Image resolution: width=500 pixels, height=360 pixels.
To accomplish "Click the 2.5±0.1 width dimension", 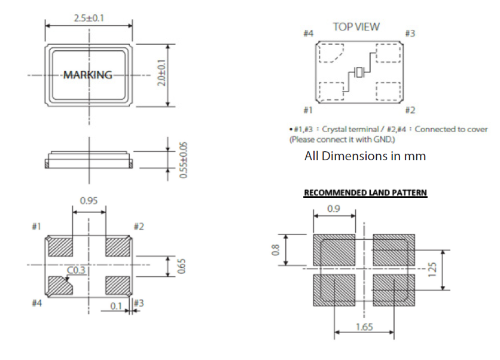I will (x=89, y=18).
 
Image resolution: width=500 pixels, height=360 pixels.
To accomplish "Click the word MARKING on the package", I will (x=88, y=75).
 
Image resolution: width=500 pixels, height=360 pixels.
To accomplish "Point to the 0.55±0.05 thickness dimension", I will (x=184, y=159).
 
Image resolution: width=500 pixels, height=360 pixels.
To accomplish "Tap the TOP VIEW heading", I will (x=356, y=27).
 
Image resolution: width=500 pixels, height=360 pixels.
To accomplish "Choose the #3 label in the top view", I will (x=410, y=33).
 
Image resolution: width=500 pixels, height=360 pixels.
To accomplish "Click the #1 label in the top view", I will (x=307, y=110).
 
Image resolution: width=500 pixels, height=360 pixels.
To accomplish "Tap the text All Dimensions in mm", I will (x=365, y=156).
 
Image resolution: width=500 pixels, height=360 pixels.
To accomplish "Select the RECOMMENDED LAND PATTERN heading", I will (x=365, y=193).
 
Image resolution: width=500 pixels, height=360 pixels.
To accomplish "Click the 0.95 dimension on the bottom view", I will (x=89, y=202).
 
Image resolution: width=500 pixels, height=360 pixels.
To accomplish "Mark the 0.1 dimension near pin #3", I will (x=117, y=306).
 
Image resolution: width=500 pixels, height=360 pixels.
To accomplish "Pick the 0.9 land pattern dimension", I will (x=334, y=209).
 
